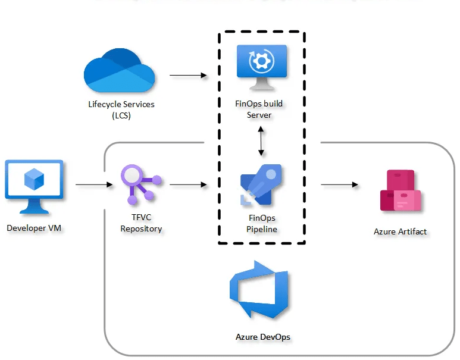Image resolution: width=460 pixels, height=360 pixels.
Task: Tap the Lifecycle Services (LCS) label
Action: tap(121, 109)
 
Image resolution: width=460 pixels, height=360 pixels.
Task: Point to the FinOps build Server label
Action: tap(259, 109)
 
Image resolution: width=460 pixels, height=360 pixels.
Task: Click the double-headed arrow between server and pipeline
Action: tap(261, 142)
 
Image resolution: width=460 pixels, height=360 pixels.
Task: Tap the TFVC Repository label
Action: tap(141, 223)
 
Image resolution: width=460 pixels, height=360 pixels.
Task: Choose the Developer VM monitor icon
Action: tap(34, 185)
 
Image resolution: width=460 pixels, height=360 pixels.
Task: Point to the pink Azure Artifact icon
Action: tap(400, 191)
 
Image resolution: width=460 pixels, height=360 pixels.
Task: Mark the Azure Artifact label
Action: tap(400, 231)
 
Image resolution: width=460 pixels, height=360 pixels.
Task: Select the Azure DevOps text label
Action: tap(263, 337)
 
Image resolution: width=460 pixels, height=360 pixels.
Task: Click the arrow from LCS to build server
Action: tap(188, 76)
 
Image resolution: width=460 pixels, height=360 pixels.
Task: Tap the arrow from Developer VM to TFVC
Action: tap(93, 184)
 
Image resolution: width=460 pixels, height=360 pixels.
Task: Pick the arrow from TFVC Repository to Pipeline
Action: tap(188, 184)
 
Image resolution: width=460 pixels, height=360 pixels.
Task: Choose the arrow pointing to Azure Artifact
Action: tap(339, 184)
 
